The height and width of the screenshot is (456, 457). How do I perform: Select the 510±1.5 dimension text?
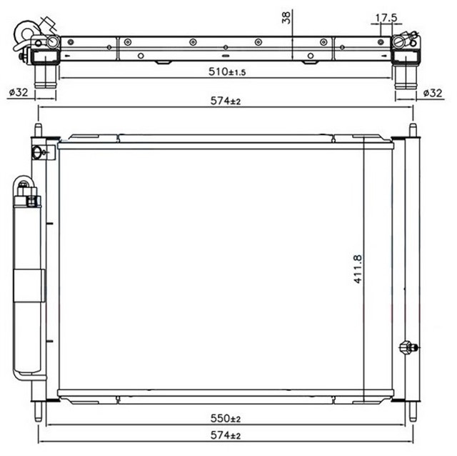point(227,71)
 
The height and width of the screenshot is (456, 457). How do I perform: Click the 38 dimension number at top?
point(286,18)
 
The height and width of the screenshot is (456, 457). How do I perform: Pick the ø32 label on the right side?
point(433,92)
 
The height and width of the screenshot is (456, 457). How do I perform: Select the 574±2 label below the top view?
point(226,101)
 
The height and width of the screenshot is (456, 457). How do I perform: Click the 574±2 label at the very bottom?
point(226,434)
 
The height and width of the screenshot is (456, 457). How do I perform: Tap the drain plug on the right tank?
point(406,347)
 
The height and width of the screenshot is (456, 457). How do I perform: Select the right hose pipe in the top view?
point(405,74)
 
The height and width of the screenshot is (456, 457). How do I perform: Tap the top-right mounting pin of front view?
point(413,131)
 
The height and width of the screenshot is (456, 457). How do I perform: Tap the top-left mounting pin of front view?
point(38,131)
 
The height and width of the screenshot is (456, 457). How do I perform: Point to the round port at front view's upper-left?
point(38,152)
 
